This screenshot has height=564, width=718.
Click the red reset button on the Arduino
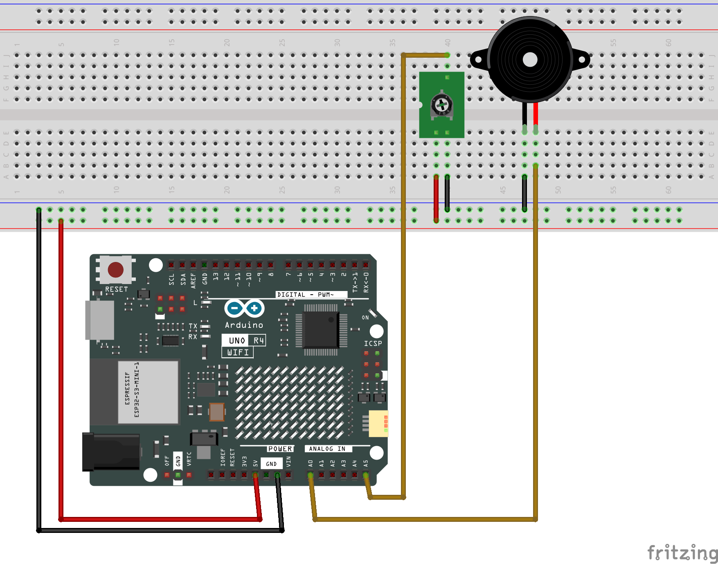coord(115,270)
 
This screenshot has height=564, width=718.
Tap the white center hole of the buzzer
coord(530,60)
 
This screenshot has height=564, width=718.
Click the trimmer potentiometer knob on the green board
coord(441,105)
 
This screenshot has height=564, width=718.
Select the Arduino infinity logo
coord(244,308)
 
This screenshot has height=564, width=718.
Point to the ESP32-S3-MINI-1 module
coord(148,392)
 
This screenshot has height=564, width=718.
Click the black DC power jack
coord(111,451)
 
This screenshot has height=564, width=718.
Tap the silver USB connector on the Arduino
coord(99,320)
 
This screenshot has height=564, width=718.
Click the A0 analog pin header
coord(311,475)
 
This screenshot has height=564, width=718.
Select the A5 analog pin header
coord(365,475)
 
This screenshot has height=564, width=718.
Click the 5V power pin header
coord(255,475)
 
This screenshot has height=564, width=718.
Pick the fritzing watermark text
coord(682,553)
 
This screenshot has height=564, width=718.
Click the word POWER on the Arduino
coord(280,449)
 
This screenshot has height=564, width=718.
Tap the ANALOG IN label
coord(327,449)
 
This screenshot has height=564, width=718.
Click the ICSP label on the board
coord(373,343)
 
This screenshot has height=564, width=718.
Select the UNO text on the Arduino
coord(237,341)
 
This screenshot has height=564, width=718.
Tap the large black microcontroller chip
coord(321,330)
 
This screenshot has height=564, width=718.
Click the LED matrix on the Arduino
coord(290,403)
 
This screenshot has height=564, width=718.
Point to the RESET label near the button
coord(117,289)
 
